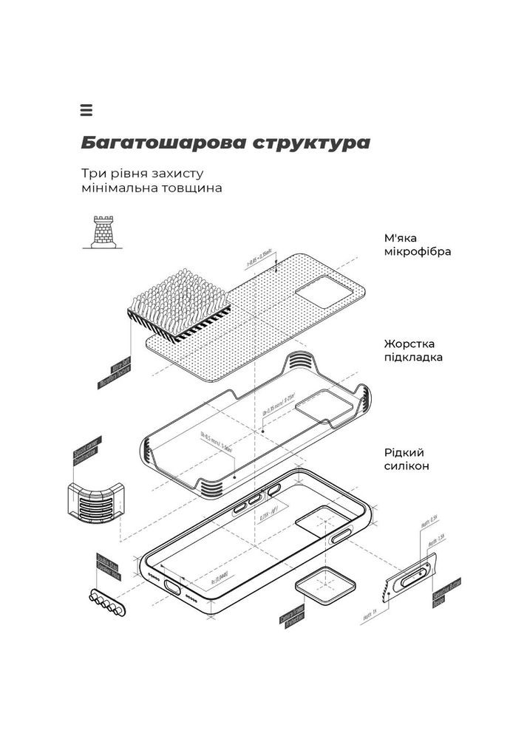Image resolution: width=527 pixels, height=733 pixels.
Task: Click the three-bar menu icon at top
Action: (x=86, y=111)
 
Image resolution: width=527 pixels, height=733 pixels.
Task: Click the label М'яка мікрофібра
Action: (x=417, y=245)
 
